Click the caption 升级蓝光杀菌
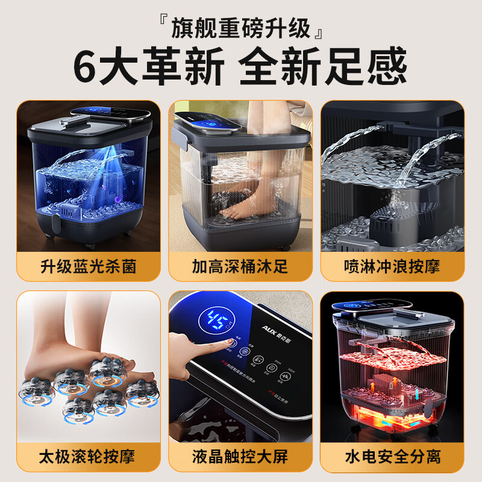click(x=88, y=267)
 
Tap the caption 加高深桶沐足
click(x=241, y=267)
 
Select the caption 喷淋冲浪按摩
click(x=392, y=267)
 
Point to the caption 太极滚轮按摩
click(x=88, y=455)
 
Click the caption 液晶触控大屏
click(x=241, y=455)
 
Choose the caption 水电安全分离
click(x=392, y=455)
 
